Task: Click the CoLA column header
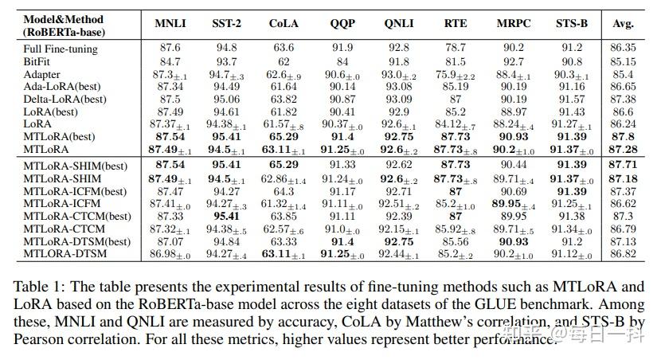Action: [284, 24]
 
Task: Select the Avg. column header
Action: [623, 24]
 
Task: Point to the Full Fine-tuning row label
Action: [61, 49]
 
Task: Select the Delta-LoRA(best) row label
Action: [65, 99]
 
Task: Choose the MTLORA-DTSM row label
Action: [65, 253]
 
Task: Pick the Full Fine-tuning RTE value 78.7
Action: [456, 49]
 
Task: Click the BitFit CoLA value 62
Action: [284, 61]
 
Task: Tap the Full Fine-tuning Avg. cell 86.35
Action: [623, 49]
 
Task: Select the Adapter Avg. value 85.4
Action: [623, 74]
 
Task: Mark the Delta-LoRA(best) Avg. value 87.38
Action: [623, 99]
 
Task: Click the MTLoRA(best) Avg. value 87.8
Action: [623, 137]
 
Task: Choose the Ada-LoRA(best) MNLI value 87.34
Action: [171, 87]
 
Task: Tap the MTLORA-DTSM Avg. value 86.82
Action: [623, 253]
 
